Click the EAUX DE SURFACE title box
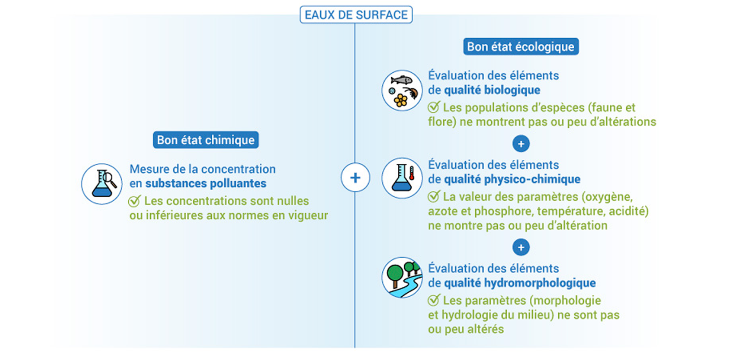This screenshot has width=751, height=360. [x=356, y=15]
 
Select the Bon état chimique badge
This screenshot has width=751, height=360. [x=206, y=140]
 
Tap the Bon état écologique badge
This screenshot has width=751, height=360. [x=520, y=47]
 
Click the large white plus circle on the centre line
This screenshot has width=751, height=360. [x=355, y=177]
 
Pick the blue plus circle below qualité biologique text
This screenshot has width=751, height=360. [x=521, y=144]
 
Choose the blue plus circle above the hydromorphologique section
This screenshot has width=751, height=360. [x=521, y=248]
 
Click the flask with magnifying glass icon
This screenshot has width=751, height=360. [x=103, y=184]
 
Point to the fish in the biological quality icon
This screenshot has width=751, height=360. [x=401, y=80]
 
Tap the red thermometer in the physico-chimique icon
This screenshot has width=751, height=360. [x=412, y=173]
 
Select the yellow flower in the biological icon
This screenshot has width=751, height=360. [x=400, y=100]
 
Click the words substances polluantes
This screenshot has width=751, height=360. [x=206, y=184]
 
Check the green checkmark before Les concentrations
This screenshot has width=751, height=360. [x=134, y=201]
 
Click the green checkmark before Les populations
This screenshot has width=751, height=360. [x=433, y=107]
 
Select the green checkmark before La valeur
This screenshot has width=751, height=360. [x=433, y=197]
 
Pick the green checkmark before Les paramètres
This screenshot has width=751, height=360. [x=433, y=300]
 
